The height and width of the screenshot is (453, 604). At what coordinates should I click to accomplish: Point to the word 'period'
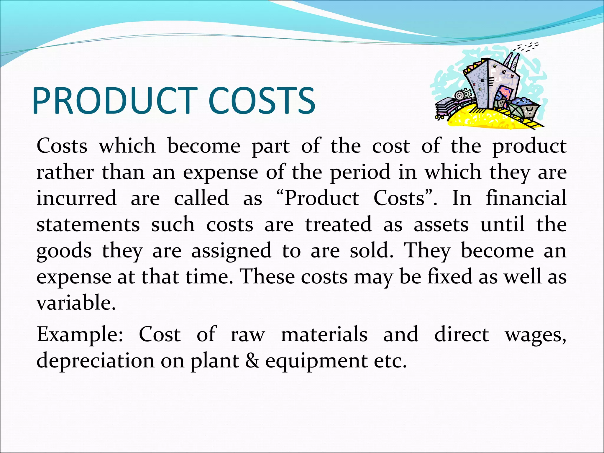(x=360, y=173)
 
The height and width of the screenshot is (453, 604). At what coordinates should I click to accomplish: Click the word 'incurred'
(x=76, y=198)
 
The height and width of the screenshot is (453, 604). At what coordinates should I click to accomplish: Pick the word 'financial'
(x=526, y=198)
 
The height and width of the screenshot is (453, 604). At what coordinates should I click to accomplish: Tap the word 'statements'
(x=88, y=224)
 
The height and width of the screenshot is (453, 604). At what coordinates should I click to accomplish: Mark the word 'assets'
(x=441, y=224)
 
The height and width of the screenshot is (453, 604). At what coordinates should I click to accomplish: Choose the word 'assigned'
(x=232, y=251)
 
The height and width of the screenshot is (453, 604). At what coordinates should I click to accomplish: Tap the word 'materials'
(x=324, y=335)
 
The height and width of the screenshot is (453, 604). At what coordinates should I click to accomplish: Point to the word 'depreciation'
(x=95, y=361)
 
